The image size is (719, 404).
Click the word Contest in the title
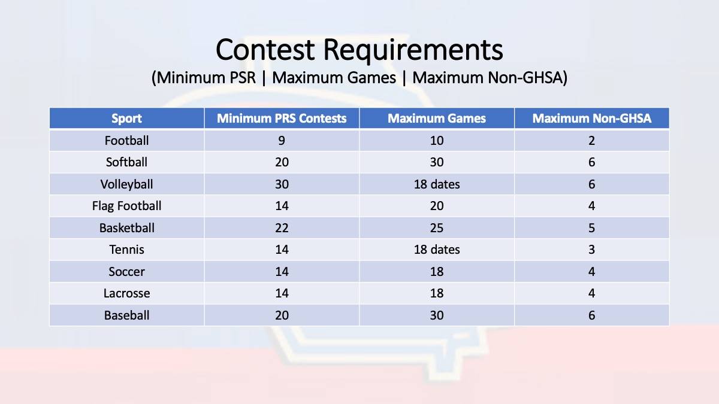[265, 50]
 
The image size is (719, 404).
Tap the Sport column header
[126, 119]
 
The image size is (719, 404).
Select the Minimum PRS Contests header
[282, 119]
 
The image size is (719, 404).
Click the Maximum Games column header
[437, 119]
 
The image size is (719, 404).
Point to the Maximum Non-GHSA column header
[591, 119]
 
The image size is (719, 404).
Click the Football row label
[126, 141]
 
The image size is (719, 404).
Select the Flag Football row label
[126, 206]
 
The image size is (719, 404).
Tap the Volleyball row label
[126, 184]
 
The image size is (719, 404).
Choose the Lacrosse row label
[126, 293]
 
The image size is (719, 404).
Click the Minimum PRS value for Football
[282, 141]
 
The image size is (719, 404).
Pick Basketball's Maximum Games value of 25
[437, 228]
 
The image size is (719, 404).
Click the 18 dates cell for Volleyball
[437, 184]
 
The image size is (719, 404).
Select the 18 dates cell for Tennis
[437, 250]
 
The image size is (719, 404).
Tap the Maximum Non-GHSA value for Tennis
[591, 250]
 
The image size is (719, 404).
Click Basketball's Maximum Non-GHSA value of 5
[591, 228]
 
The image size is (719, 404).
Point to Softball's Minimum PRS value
[282, 162]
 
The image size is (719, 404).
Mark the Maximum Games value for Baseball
[437, 315]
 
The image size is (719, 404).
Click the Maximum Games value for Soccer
[437, 272]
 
